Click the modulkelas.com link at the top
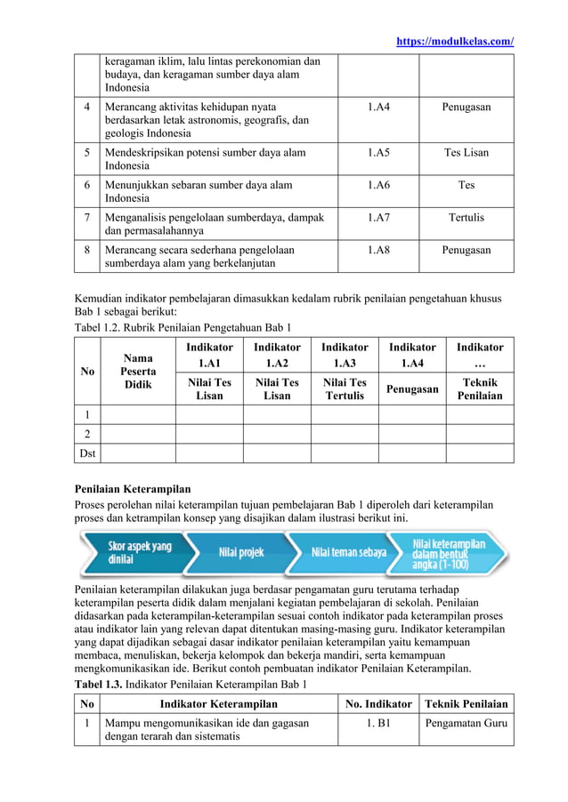453,42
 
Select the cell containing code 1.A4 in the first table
377,108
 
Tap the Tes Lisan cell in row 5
466,152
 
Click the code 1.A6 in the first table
377,185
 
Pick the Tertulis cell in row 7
466,217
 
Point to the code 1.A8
377,250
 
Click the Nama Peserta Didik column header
138,371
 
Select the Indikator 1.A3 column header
344,355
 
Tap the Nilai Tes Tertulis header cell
344,389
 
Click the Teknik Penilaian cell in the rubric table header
480,389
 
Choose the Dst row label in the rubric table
86,453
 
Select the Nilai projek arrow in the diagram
241,552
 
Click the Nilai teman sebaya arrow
348,552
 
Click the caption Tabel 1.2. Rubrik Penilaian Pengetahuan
182,327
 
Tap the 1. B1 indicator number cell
377,723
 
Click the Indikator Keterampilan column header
218,703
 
